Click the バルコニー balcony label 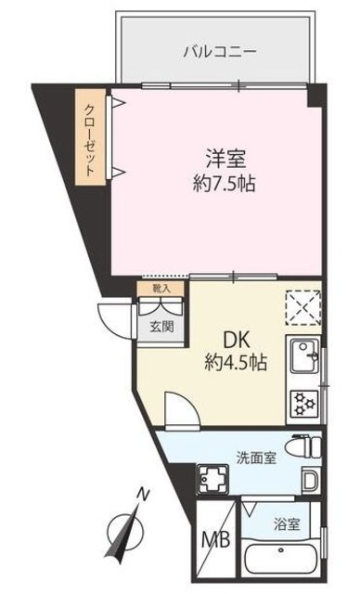pos(219,53)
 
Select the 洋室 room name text pos(219,156)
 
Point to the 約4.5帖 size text pos(236,363)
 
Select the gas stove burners pos(303,401)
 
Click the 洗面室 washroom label pos(254,458)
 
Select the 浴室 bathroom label pos(289,524)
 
